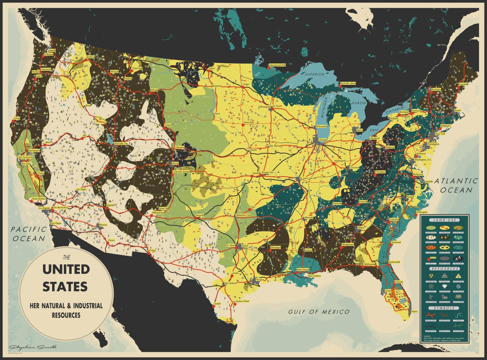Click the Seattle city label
[52, 50]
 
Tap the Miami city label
[414, 311]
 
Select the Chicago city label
[323, 140]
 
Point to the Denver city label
[175, 163]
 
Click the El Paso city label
[152, 251]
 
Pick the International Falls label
[277, 65]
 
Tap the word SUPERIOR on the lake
[315, 74]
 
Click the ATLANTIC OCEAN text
[456, 185]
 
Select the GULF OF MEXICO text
[319, 312]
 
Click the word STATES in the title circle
[65, 286]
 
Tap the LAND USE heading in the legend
[445, 220]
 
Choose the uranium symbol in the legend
[431, 276]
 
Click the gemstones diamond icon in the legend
[445, 286]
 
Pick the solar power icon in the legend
[458, 297]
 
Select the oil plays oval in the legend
[458, 259]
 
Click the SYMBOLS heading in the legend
[444, 308]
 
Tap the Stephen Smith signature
[33, 347]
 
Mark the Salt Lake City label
[121, 144]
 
